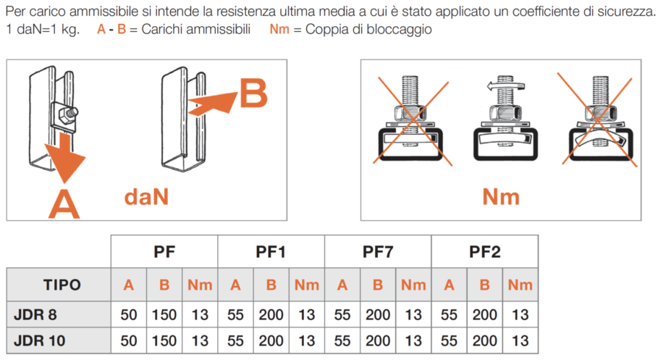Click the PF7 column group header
click(378, 251)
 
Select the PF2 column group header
click(484, 251)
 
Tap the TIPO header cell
click(62, 285)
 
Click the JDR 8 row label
click(35, 314)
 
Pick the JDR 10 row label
click(40, 340)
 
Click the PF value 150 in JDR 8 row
click(164, 314)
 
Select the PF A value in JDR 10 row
click(129, 340)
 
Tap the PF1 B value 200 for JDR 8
click(271, 314)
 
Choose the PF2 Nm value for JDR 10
click(520, 340)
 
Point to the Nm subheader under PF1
click(307, 285)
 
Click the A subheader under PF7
click(342, 285)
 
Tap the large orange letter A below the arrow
click(64, 204)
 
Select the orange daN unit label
click(146, 197)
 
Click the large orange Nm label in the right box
click(501, 197)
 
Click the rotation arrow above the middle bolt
click(506, 86)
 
